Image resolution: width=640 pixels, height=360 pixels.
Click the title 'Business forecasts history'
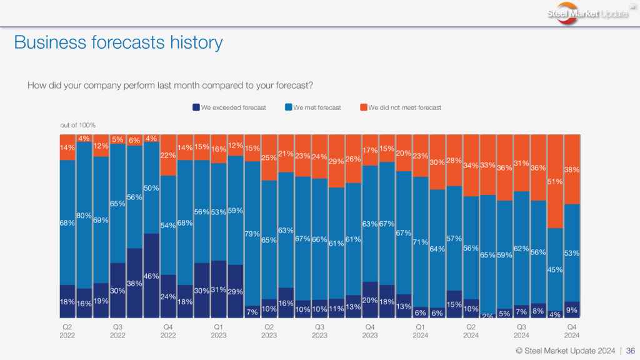pos(118,42)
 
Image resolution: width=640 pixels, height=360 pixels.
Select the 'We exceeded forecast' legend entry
pos(229,107)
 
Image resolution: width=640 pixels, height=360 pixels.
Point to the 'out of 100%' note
pos(78,126)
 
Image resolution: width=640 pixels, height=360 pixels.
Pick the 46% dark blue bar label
pos(152,275)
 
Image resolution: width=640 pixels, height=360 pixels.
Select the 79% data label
pos(252,234)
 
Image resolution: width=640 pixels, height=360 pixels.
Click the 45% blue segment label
pos(556,270)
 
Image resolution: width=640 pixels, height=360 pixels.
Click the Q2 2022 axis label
pos(67,331)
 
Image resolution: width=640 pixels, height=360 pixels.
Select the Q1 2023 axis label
pos(218,331)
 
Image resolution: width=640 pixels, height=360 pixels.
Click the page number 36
pos(631,351)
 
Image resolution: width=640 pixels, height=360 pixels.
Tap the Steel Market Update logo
pos(588,14)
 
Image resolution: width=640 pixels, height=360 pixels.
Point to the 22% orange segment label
pos(168,155)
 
